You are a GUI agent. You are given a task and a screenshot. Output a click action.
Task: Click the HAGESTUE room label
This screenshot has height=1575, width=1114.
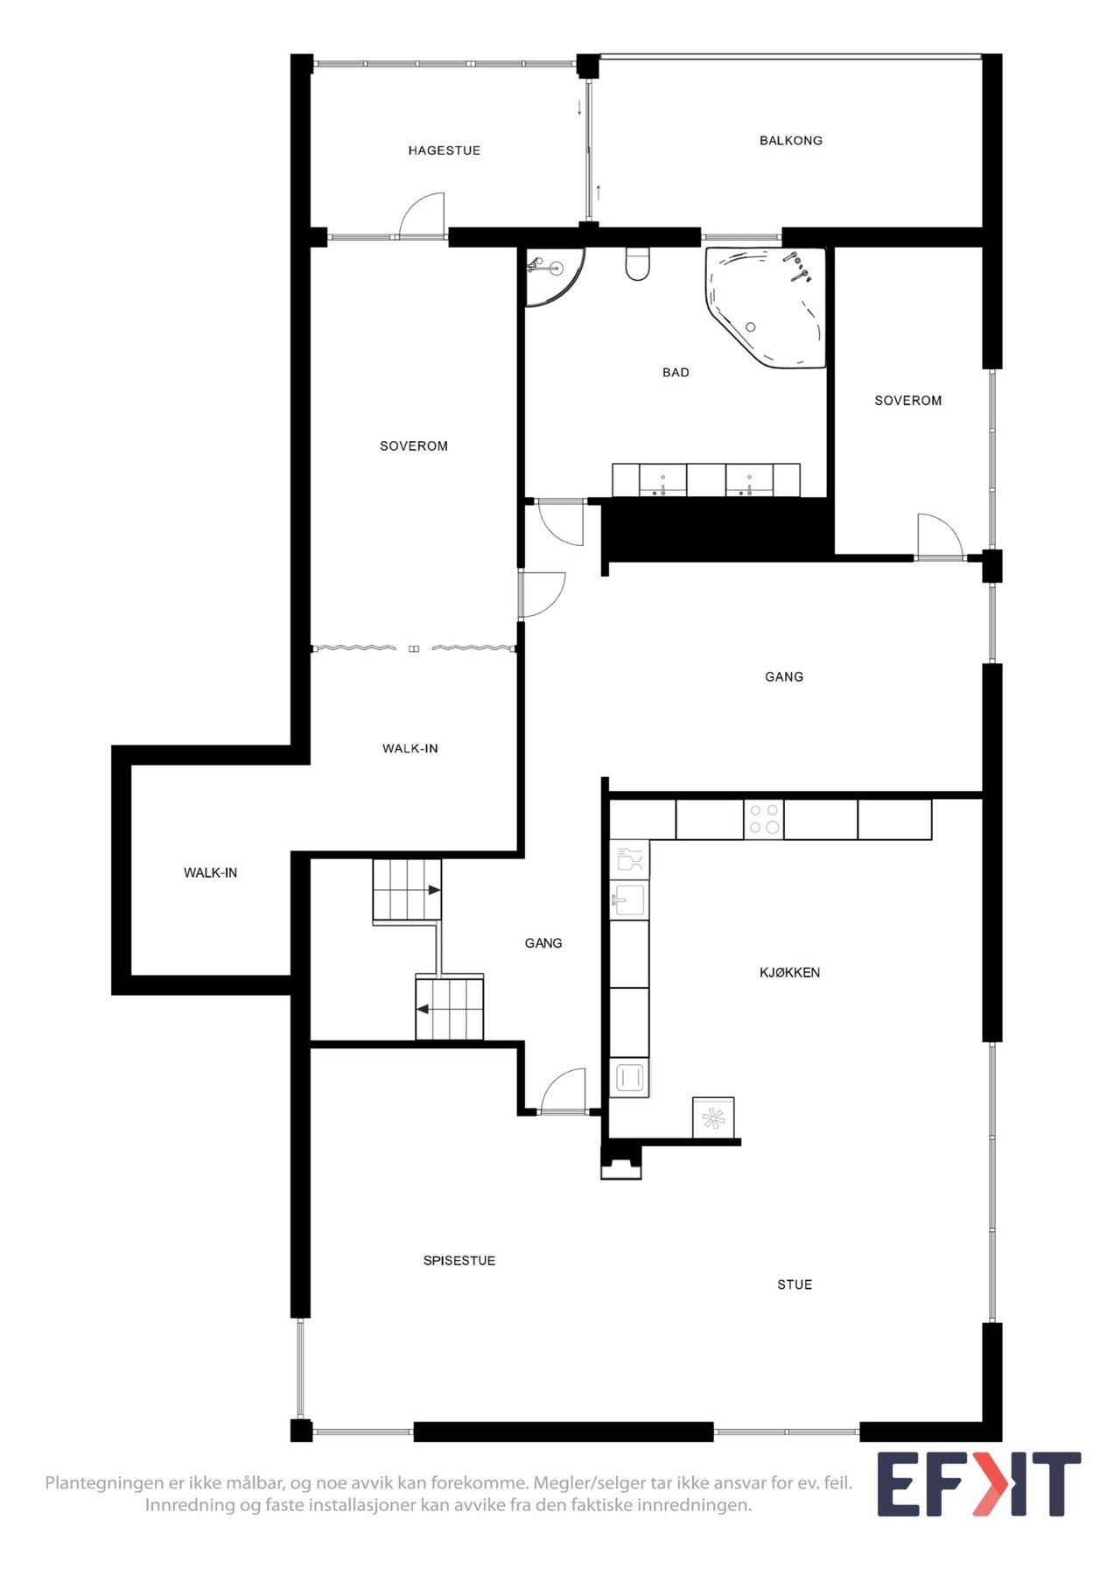pos(444,150)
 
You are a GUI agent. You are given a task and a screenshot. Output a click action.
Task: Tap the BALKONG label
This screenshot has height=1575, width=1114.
pos(790,140)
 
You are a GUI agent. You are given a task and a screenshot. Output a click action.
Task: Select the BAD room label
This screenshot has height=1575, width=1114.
pos(676,373)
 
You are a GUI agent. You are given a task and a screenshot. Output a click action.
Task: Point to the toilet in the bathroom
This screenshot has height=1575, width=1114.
pos(638,263)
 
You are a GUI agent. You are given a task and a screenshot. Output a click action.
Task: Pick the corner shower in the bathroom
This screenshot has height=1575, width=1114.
pos(553,276)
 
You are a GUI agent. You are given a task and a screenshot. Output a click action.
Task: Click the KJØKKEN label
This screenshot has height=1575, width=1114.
pos(789,972)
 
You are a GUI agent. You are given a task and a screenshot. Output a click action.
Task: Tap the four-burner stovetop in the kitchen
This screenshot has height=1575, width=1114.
pos(763,819)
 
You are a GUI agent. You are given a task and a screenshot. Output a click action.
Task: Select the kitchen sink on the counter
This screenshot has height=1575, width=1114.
pos(628,899)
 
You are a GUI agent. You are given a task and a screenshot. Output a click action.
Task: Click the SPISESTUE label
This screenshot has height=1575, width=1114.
pos(459,1261)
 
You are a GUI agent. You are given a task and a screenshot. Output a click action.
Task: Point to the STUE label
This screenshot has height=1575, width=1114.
pos(795,1284)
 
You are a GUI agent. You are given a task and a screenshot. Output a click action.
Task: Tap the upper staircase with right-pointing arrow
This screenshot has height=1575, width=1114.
pos(407,890)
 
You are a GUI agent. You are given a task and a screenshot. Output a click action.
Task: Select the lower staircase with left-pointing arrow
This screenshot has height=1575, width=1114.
pos(449,1007)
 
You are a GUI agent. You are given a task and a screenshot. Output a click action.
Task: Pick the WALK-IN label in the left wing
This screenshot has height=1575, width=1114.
pos(210,872)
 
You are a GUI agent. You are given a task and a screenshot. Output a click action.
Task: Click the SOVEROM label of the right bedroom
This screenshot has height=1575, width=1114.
pos(908,401)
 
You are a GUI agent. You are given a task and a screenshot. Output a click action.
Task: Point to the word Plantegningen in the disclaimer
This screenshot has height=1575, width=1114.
pos(106,1483)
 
